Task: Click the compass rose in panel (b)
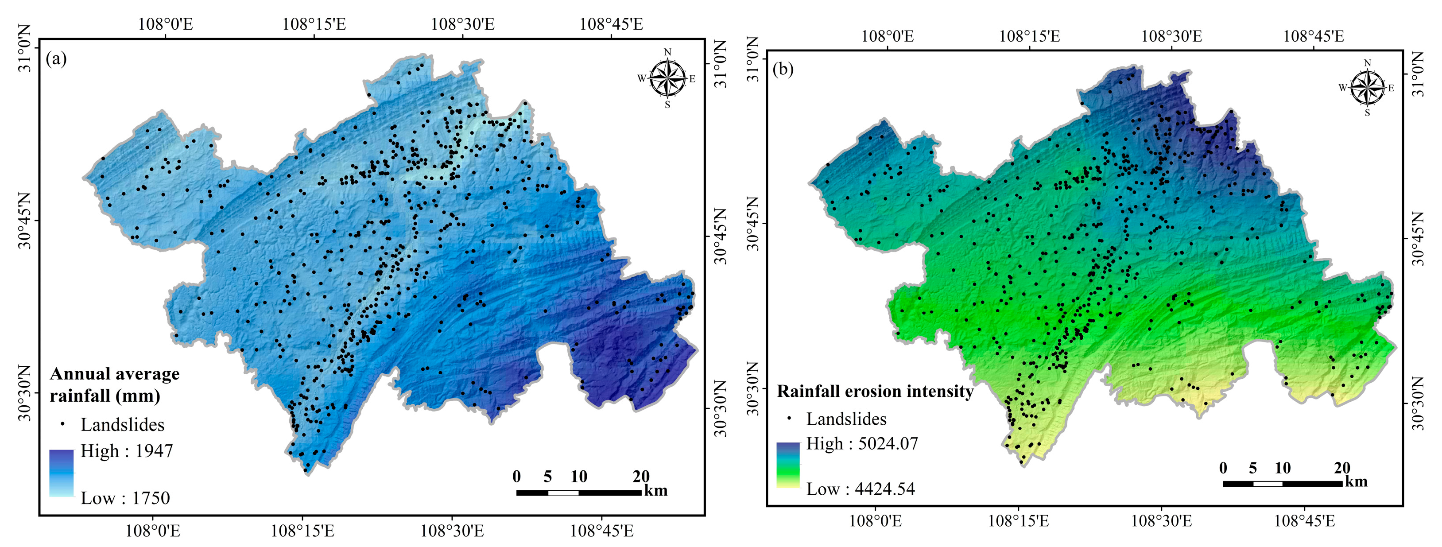[x=1368, y=87]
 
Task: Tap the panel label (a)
[x=57, y=58]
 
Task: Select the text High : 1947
[x=127, y=451]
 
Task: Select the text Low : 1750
[x=125, y=498]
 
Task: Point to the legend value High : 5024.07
[x=862, y=443]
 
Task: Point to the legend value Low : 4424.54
[x=861, y=489]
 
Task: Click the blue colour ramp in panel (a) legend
[x=61, y=473]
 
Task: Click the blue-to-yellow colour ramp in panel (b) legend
[x=787, y=465]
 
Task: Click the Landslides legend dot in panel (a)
[x=63, y=424]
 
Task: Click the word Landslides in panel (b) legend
[x=846, y=419]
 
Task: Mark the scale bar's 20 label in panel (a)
[x=641, y=477]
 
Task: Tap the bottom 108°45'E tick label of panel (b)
[x=1304, y=521]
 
